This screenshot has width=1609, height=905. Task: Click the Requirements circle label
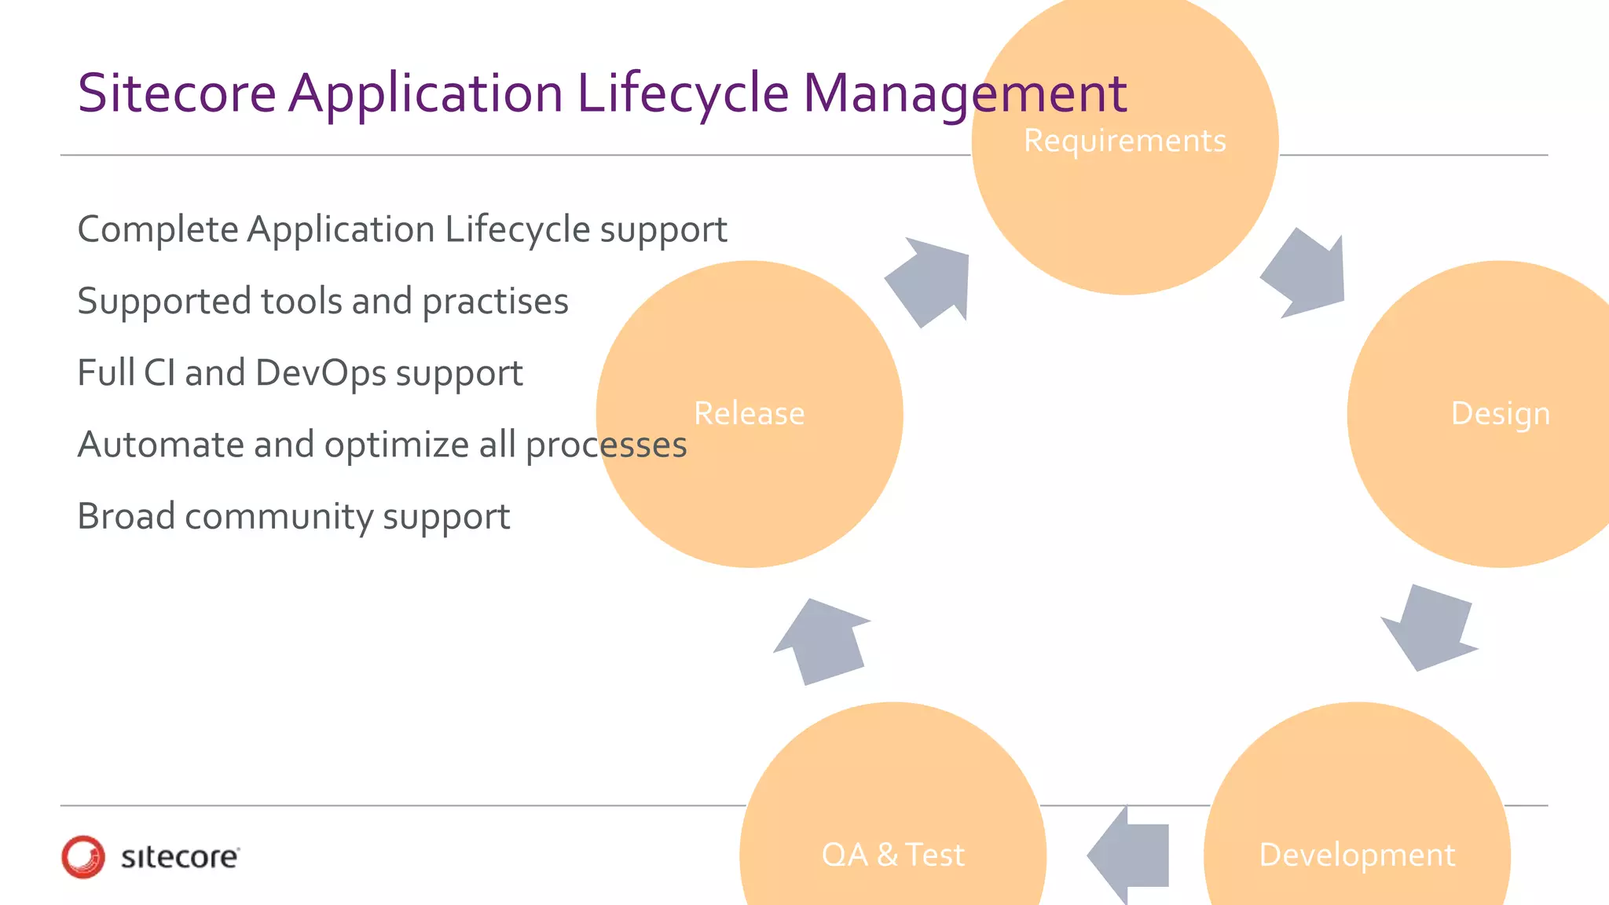pyautogui.click(x=1124, y=141)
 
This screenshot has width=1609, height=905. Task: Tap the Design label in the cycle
pyautogui.click(x=1500, y=414)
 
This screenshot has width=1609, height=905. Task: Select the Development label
pyautogui.click(x=1357, y=855)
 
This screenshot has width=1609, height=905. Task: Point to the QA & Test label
pyautogui.click(x=892, y=855)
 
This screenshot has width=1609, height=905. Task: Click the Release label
pyautogui.click(x=749, y=414)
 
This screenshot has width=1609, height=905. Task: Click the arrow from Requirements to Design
pyautogui.click(x=1306, y=273)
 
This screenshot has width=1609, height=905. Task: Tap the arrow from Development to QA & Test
pyautogui.click(x=1131, y=855)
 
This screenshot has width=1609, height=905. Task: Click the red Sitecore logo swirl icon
pyautogui.click(x=83, y=856)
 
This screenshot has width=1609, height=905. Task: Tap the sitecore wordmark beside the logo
pyautogui.click(x=180, y=857)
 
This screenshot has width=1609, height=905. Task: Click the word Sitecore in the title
pyautogui.click(x=177, y=93)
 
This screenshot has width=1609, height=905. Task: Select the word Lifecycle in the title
pyautogui.click(x=683, y=93)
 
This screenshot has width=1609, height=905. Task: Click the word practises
pyautogui.click(x=495, y=302)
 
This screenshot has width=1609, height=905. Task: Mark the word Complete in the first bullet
pyautogui.click(x=158, y=229)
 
